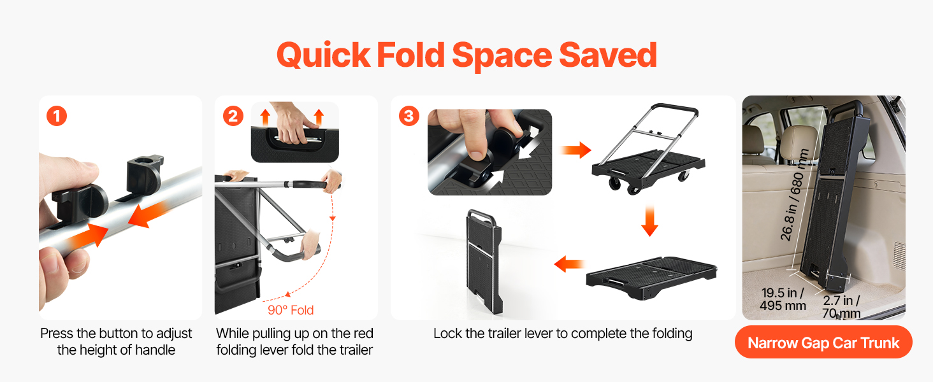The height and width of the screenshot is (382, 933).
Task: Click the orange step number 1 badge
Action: [57, 116]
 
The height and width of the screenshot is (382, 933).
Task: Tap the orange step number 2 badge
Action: [233, 116]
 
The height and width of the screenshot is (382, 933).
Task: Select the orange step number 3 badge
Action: [409, 116]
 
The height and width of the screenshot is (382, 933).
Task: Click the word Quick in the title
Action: [324, 55]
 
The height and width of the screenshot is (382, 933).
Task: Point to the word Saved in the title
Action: [608, 55]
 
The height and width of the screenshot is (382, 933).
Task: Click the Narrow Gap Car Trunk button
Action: [823, 343]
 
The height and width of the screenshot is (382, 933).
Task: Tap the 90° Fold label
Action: [291, 310]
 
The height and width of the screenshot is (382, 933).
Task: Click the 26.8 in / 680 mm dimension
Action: [794, 195]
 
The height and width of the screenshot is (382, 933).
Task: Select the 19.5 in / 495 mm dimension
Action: [783, 299]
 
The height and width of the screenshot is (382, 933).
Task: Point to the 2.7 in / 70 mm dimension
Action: [841, 307]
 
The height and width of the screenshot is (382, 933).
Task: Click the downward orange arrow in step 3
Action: [649, 220]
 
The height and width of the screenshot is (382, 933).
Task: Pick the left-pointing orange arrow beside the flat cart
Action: [569, 264]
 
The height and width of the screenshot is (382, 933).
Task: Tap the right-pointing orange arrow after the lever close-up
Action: [576, 150]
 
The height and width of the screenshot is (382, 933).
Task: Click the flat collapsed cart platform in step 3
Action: [651, 278]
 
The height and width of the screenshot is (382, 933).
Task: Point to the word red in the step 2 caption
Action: [363, 334]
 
